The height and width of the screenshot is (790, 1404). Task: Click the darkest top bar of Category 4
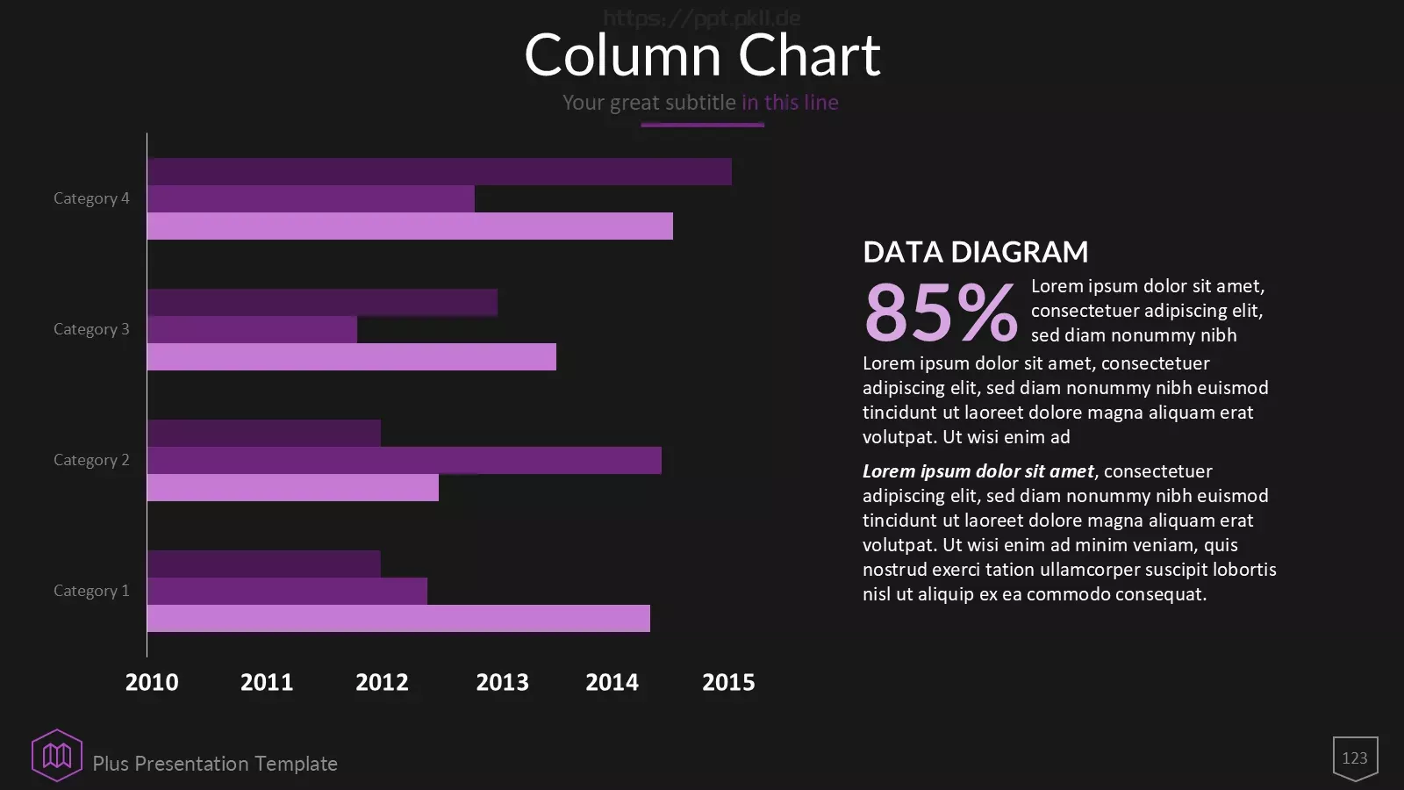(x=440, y=171)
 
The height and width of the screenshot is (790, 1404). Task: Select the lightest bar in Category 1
(x=398, y=618)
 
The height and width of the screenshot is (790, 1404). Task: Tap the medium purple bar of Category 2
(x=405, y=460)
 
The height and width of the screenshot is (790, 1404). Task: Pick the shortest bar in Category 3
(x=252, y=329)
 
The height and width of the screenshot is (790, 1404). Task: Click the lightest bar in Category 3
(x=352, y=356)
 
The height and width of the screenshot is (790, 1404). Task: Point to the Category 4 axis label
(x=91, y=198)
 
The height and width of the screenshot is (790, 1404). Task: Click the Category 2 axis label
(x=91, y=460)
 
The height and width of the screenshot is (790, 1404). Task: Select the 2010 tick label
(x=152, y=682)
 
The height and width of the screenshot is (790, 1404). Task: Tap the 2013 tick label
(x=502, y=682)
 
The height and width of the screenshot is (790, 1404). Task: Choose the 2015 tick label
(x=728, y=682)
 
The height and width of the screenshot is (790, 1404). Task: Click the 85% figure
(x=940, y=312)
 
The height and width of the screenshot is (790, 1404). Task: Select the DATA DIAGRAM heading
(x=975, y=252)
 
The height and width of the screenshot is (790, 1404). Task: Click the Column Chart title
(x=703, y=55)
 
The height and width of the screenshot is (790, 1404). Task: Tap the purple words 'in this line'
(x=790, y=102)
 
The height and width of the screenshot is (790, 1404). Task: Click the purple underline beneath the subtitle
(x=702, y=125)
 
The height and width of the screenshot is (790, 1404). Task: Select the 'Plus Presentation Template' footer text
(x=215, y=764)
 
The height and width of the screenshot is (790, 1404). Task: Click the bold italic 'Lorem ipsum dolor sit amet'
(x=978, y=471)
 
